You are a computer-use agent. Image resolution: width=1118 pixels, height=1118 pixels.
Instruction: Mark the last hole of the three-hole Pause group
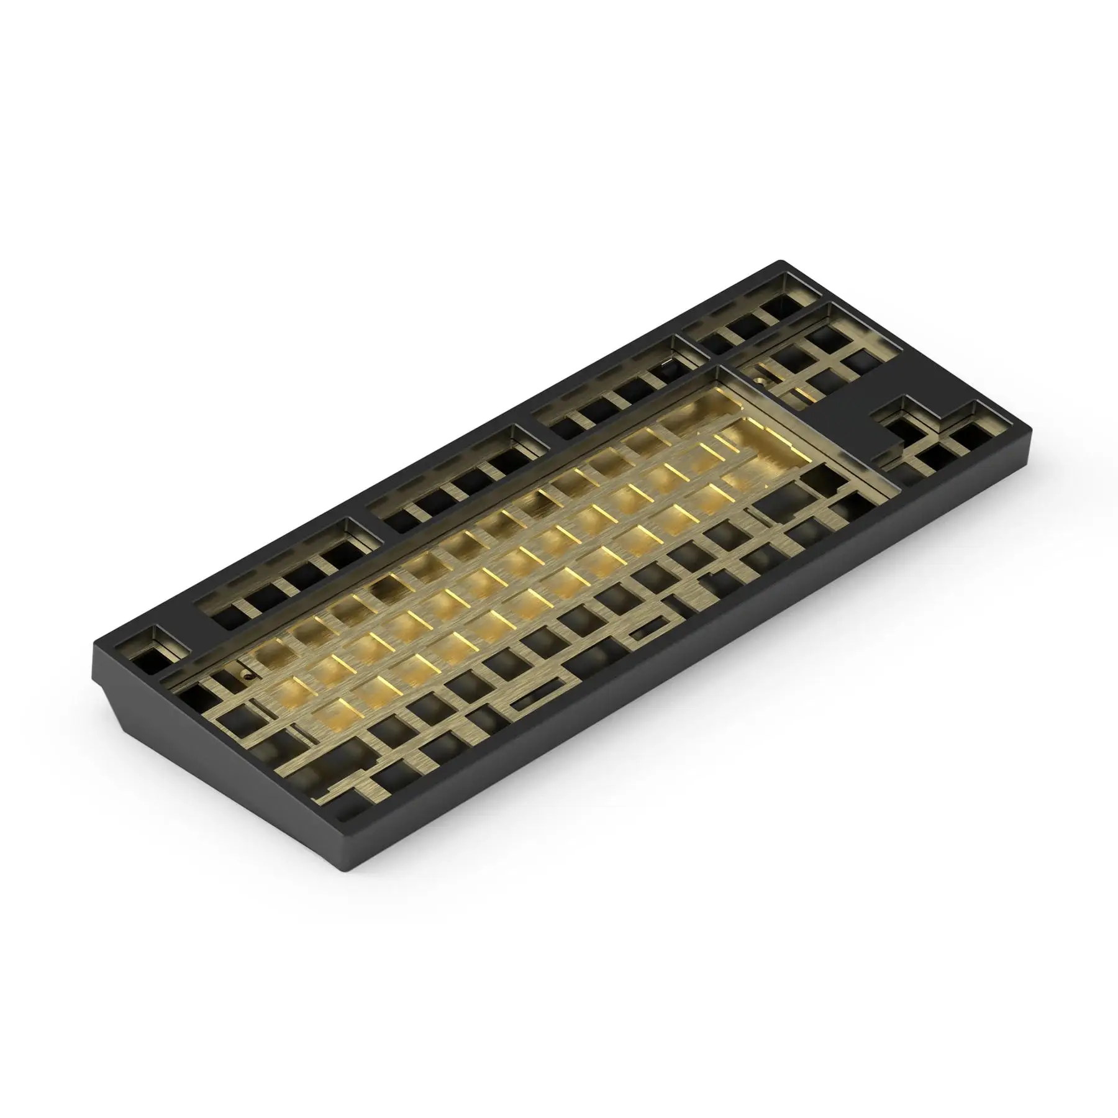coord(779,308)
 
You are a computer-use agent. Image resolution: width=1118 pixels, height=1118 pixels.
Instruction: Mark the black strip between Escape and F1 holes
coord(186,627)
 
